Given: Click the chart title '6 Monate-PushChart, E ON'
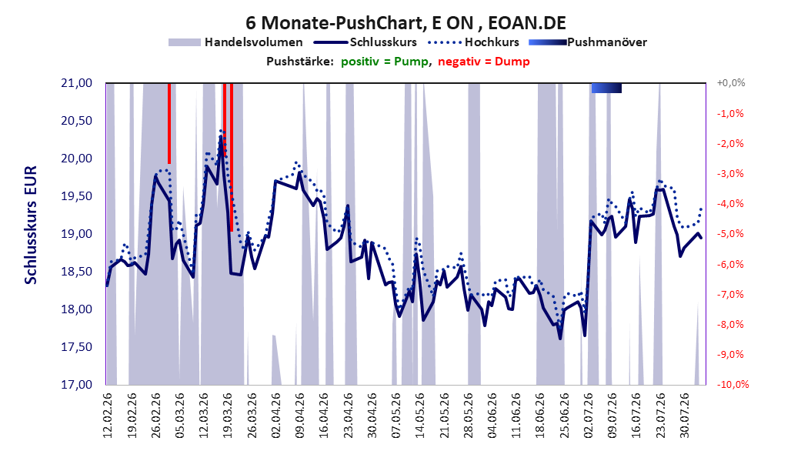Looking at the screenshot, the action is tap(359, 23).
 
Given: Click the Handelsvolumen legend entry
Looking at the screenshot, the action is tap(235, 42).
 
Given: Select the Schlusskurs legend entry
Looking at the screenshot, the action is tap(365, 42).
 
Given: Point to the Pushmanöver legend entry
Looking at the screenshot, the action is tap(588, 42).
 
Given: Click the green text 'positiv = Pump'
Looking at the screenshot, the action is tap(384, 62).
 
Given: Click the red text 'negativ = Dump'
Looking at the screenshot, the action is tap(484, 62).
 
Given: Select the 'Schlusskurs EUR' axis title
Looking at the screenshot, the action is tap(31, 225).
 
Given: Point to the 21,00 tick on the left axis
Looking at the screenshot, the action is tap(76, 83).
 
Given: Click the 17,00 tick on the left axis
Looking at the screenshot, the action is tap(76, 385).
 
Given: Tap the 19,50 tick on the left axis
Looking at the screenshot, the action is tap(76, 196).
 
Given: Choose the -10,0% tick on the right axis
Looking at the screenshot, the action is tap(733, 385).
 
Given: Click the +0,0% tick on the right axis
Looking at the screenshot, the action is tap(731, 83).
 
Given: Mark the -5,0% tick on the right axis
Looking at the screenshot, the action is tap(731, 234).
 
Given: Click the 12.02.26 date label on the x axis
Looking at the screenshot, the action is tap(108, 416).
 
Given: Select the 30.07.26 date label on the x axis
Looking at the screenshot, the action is tap(685, 416).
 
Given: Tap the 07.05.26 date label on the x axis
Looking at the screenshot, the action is tap(396, 416).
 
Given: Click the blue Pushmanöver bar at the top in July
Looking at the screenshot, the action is tap(606, 88).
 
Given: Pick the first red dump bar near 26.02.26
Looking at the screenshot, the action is tap(169, 124).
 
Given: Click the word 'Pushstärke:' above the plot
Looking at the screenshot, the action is tap(300, 62).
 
